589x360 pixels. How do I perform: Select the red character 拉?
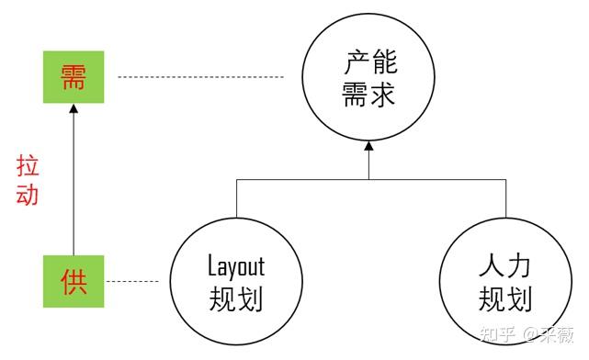click(x=28, y=166)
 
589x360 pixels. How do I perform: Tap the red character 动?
click(x=28, y=195)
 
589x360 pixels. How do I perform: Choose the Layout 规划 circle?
click(x=236, y=281)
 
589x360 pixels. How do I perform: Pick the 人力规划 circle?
click(x=504, y=281)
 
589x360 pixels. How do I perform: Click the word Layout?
click(x=236, y=266)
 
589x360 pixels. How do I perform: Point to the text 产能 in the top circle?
click(x=369, y=63)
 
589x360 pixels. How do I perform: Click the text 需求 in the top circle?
click(x=368, y=95)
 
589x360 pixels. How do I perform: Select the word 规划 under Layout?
click(x=236, y=298)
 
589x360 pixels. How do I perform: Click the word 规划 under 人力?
click(x=504, y=298)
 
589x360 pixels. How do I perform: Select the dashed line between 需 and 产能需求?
click(x=203, y=76)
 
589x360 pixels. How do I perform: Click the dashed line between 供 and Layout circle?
click(x=139, y=280)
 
